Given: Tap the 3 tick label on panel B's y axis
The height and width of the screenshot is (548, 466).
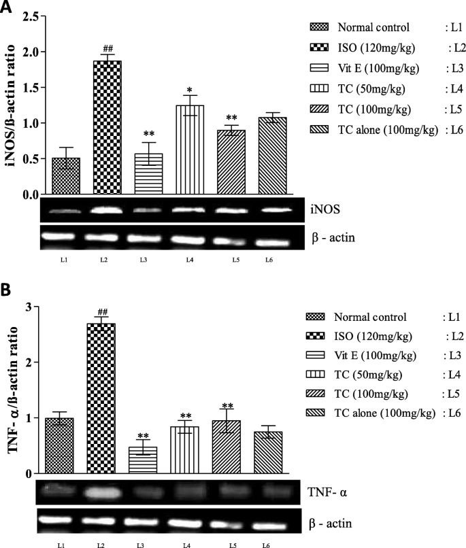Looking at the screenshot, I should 29,307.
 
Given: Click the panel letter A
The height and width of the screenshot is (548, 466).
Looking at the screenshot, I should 7,7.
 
